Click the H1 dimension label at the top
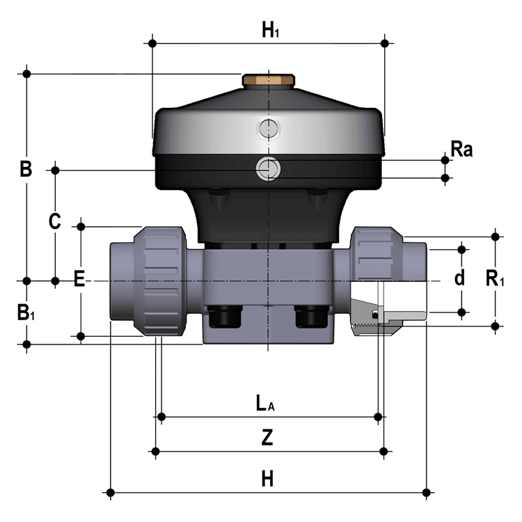[x=270, y=30]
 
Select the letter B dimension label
[x=26, y=169]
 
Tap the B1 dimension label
[x=26, y=313]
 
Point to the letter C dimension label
[x=55, y=221]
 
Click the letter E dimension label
[x=79, y=278]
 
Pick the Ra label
[x=461, y=149]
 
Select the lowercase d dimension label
[x=460, y=278]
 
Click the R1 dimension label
[x=495, y=278]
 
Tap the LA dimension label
[x=265, y=403]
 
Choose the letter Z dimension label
[x=267, y=438]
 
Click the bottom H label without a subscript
[x=267, y=479]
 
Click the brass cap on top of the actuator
[x=269, y=81]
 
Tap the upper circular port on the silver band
[x=269, y=128]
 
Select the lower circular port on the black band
[x=268, y=168]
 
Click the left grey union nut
[x=160, y=281]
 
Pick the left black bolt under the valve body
[x=225, y=317]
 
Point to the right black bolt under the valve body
[x=312, y=317]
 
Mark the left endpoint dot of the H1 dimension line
[x=152, y=43]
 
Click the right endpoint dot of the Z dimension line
[x=383, y=452]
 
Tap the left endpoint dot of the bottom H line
[x=111, y=492]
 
